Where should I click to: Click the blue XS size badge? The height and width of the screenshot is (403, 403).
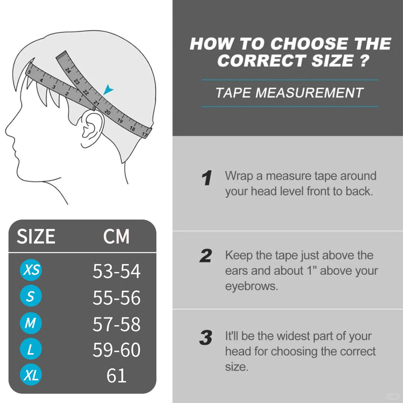point(31,270)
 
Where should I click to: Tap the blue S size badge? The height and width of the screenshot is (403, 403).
point(31,296)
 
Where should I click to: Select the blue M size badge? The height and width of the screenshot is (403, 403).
point(31,323)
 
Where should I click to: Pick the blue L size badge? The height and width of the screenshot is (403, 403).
point(31,349)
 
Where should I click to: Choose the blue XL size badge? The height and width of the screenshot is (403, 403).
point(31,374)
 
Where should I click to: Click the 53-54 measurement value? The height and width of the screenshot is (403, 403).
point(116,271)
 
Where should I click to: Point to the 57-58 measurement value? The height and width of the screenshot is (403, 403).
point(116,324)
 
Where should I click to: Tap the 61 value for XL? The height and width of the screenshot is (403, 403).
point(116,376)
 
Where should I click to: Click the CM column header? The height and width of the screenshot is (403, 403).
point(116,236)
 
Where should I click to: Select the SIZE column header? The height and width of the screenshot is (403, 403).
point(36,236)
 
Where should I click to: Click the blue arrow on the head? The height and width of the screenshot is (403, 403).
point(108,90)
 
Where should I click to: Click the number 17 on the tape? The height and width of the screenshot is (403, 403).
point(145,134)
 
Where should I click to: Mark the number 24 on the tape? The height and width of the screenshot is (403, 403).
point(68,71)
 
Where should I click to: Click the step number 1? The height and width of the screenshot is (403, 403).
point(207,177)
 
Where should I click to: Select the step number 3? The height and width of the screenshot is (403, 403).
point(206,338)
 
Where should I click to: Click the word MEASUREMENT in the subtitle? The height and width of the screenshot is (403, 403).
point(310,92)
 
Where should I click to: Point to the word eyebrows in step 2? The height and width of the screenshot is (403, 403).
point(251,286)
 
